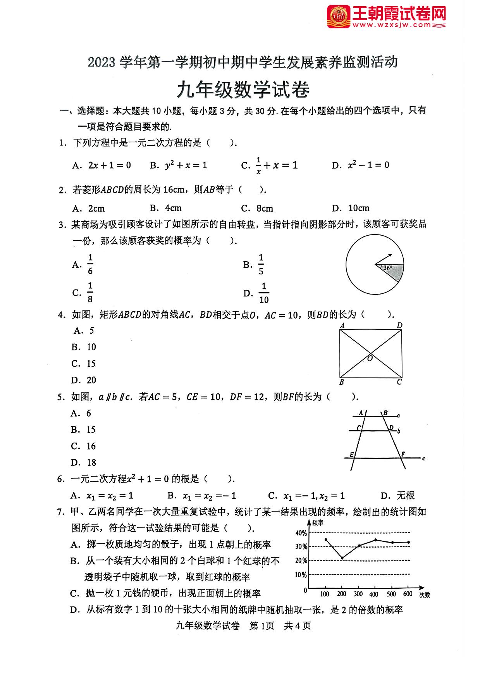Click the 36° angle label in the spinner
[387, 268]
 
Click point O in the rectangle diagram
[370, 358]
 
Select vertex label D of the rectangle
[400, 325]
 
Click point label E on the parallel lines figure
[351, 454]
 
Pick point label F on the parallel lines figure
[403, 454]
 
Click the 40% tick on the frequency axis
[301, 533]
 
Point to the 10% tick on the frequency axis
[301, 574]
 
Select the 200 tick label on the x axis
[341, 594]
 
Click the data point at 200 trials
[342, 558]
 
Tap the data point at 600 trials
[408, 542]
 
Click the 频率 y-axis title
[317, 523]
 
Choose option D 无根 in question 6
[397, 495]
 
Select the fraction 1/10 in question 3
[264, 293]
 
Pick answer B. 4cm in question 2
[166, 208]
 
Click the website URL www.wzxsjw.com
[391, 25]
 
